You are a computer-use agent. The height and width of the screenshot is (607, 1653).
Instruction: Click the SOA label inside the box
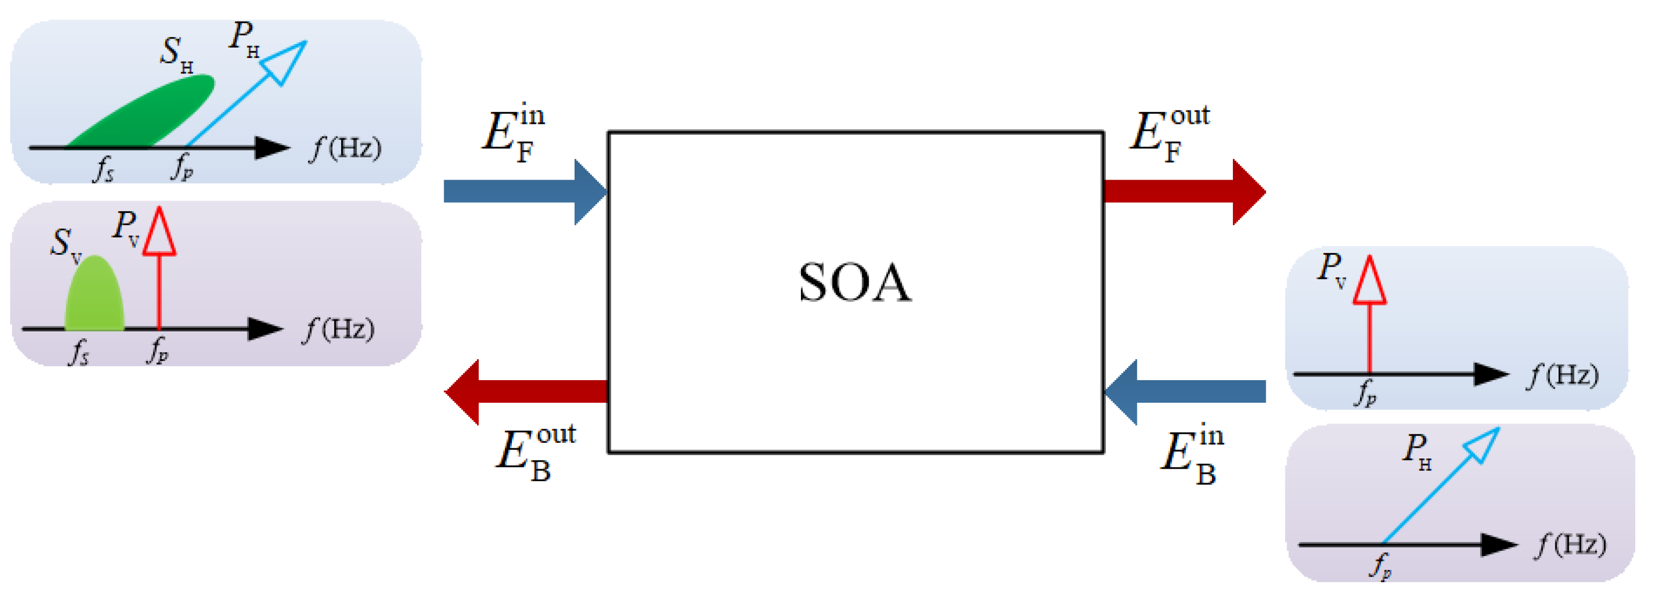point(854,283)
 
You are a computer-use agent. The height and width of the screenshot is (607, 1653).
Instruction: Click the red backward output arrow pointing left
point(526,392)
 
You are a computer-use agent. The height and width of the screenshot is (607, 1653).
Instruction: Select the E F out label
point(1168,134)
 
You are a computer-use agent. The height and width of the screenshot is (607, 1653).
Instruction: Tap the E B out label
point(535,453)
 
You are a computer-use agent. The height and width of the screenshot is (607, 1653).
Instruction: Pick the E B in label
point(1192,455)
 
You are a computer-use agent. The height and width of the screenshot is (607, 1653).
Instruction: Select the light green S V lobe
point(94,295)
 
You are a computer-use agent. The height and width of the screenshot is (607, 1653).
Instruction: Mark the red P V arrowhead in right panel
point(1369,281)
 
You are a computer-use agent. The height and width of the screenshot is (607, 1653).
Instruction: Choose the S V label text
point(65,245)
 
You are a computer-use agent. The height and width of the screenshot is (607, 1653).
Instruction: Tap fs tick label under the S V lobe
point(78,352)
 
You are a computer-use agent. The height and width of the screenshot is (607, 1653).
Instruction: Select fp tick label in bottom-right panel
point(1381,566)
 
